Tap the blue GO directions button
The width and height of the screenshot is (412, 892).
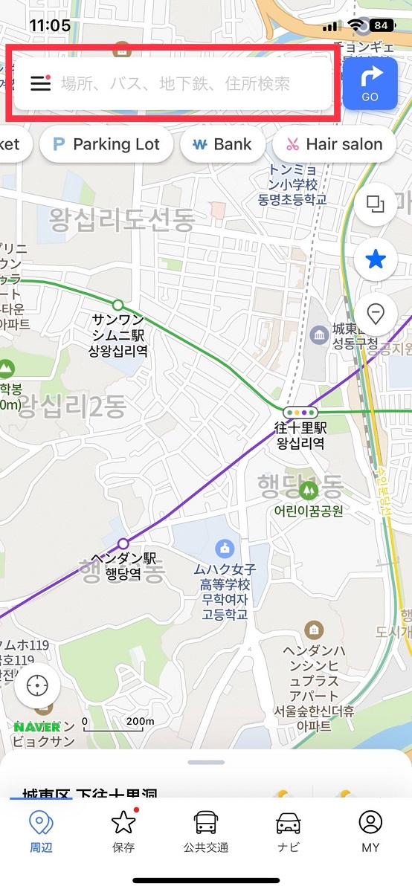click(370, 83)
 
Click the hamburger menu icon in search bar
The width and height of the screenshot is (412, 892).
click(41, 83)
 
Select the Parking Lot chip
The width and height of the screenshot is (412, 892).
click(106, 144)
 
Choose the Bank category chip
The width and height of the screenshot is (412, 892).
click(222, 144)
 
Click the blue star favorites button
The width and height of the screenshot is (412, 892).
click(376, 259)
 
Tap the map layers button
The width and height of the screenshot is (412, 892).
click(376, 204)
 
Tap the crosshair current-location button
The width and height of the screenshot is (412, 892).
click(37, 685)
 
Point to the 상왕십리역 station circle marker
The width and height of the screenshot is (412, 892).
click(118, 305)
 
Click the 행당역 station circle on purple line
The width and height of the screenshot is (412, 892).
click(123, 543)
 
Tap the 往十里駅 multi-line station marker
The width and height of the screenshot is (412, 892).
click(300, 411)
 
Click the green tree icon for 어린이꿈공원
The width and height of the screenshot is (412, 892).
click(308, 491)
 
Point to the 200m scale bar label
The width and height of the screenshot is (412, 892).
click(139, 720)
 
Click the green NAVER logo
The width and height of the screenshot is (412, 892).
click(37, 726)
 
